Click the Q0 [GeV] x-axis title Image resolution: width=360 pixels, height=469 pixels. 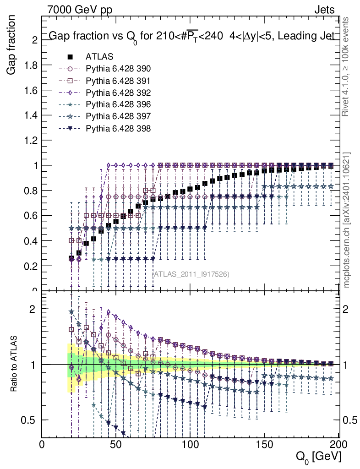(318, 456)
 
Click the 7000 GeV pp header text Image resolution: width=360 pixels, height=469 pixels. (79, 9)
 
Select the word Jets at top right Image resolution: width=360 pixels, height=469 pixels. (324, 9)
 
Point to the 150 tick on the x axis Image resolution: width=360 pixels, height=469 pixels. (264, 444)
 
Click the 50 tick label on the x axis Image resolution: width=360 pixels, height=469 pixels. (116, 444)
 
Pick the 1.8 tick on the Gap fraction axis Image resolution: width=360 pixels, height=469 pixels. (31, 65)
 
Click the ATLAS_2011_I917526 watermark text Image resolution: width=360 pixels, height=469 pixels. (191, 274)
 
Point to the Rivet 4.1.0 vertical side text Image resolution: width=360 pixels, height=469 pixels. (347, 67)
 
